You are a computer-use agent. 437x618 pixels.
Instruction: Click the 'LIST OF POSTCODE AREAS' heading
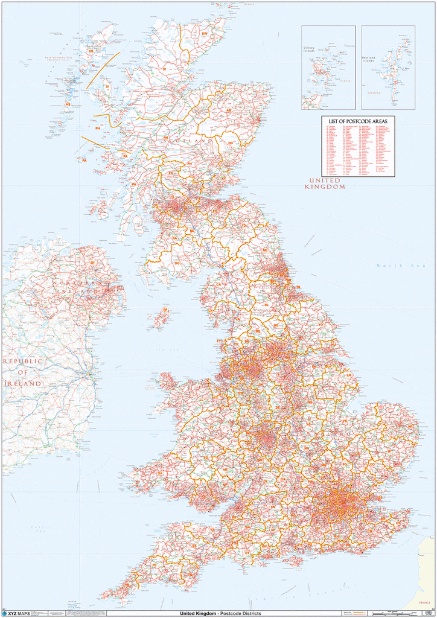coord(358,121)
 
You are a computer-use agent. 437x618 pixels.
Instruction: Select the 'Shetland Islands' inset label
coord(368,59)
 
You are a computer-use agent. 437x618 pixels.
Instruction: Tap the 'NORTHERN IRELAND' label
coord(78,287)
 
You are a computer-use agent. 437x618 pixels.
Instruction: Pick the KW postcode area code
coord(205,34)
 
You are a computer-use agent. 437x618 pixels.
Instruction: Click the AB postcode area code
coord(228,111)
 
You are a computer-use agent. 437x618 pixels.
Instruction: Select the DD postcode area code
coord(231,143)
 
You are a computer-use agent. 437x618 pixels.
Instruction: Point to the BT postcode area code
coord(92,263)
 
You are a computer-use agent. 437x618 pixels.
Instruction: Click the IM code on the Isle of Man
coord(165,310)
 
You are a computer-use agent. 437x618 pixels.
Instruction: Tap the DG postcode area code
coord(177,263)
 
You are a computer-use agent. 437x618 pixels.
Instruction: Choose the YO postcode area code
coord(321,324)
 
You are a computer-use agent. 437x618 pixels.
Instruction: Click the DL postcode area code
coord(267,305)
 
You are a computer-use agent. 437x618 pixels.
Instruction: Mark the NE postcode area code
coord(265,250)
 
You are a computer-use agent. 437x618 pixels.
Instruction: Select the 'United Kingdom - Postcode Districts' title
coord(217,614)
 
